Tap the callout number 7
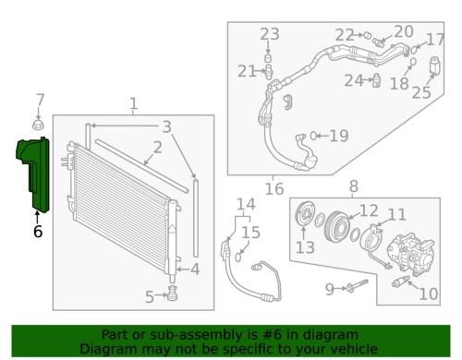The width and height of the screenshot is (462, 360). [39, 100]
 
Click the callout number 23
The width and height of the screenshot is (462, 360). [269, 35]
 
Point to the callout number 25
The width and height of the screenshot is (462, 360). [421, 91]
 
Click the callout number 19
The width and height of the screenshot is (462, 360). [338, 137]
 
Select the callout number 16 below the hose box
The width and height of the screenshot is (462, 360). [274, 189]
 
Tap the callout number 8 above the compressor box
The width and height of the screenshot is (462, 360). [352, 187]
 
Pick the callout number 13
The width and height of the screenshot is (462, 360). [305, 247]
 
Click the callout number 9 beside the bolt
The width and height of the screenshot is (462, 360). [329, 289]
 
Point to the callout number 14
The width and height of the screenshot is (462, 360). [244, 204]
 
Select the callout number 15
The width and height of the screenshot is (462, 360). [251, 233]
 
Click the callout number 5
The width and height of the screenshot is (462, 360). [149, 296]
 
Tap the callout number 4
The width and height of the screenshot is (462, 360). [194, 270]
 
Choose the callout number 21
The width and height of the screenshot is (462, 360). [246, 71]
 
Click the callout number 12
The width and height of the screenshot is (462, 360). [368, 210]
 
